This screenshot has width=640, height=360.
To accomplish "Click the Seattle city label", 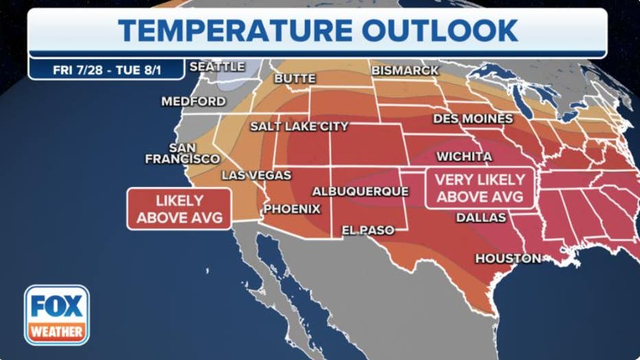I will click(216, 67).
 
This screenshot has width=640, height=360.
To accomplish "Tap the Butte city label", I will click(295, 78).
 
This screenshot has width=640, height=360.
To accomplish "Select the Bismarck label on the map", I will click(404, 70).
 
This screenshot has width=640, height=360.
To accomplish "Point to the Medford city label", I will click(193, 101).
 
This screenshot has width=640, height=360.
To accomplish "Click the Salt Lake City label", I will click(299, 126).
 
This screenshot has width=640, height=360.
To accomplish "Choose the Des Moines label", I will click(472, 119).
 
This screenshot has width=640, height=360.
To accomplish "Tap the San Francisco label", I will click(182, 153).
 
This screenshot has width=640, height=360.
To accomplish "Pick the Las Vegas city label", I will click(255, 175).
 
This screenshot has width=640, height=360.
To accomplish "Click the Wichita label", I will click(464, 157).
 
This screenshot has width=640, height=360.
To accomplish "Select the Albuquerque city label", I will click(360, 191).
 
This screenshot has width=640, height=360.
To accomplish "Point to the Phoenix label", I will click(292, 208).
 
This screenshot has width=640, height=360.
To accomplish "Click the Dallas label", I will click(481, 218).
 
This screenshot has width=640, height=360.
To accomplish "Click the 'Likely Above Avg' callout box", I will click(179, 209).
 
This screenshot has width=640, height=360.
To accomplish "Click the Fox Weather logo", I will click(57, 315).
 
